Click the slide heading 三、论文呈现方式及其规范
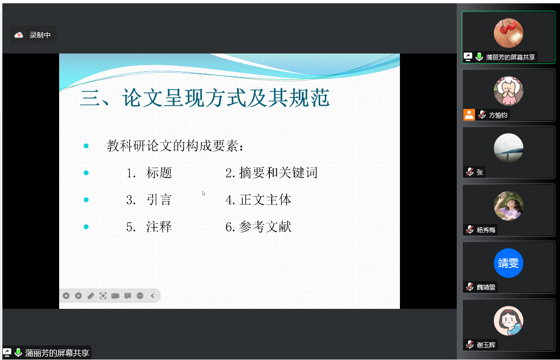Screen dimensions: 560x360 point(205,98)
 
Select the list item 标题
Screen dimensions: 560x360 point(159,173)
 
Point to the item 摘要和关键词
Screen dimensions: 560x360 point(278,173)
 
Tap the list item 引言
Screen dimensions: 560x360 point(159,199)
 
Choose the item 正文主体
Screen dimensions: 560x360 point(265,199)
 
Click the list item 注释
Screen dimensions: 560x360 point(159,227)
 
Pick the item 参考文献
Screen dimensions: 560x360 point(265,227)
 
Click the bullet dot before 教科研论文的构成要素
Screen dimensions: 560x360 point(86,146)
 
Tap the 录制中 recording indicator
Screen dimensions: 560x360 point(33,35)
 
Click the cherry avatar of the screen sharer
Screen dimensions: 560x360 point(508,33)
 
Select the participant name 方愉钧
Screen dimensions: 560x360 point(498,115)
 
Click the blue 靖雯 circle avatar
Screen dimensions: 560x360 point(508,263)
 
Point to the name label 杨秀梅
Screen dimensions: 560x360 point(486,230)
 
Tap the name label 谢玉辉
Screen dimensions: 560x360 point(486,345)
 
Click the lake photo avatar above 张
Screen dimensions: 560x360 point(508,148)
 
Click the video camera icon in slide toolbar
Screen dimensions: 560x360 point(115,296)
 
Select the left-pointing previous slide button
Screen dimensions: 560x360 point(66,296)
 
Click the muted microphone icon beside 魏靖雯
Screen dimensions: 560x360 point(470,287)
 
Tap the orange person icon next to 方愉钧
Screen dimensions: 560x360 point(469,115)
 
